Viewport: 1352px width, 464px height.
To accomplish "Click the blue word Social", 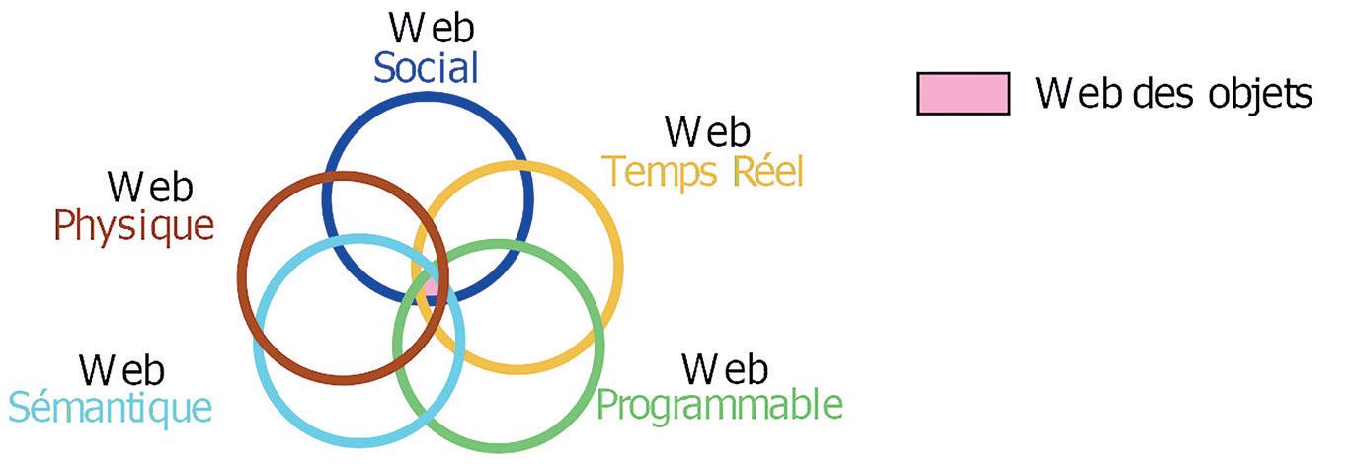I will (x=427, y=67).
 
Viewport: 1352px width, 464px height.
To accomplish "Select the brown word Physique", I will (x=133, y=226).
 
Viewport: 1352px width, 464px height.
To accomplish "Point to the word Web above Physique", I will (x=150, y=188).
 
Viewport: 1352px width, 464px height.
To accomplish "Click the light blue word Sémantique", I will (x=111, y=406).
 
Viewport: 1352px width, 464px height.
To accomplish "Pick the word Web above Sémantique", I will (x=122, y=370).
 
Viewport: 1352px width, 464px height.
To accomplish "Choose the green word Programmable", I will (x=721, y=405).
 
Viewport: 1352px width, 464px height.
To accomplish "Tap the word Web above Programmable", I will (x=725, y=368).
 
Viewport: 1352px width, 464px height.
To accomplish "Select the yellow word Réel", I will (x=767, y=171).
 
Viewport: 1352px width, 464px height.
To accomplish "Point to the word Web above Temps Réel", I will (x=707, y=132).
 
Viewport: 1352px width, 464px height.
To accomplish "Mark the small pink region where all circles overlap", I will (x=431, y=286).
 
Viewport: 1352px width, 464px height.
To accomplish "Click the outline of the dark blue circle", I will (x=429, y=95).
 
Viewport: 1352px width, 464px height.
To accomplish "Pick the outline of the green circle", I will (x=598, y=346).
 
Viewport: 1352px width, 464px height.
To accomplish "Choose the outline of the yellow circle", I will (x=618, y=267).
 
